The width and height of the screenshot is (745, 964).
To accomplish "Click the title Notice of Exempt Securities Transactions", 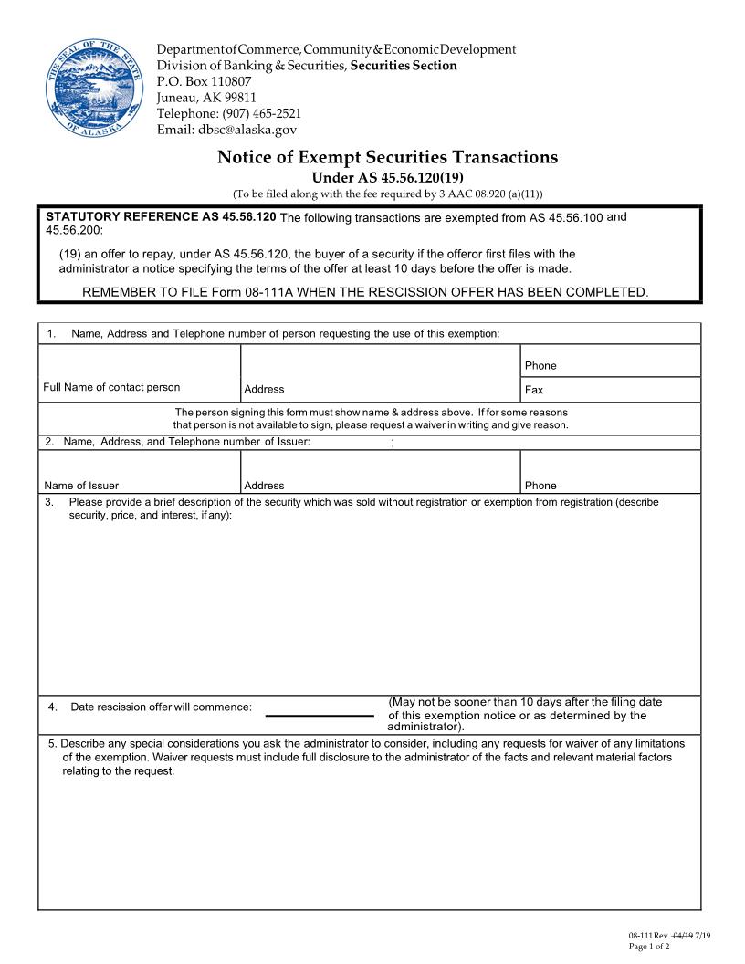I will coord(387,157).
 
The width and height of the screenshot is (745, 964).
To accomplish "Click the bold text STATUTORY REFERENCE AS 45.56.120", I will coord(161,217).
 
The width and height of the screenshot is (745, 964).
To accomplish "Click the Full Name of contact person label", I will coord(111,387).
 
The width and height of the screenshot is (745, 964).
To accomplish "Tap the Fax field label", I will coord(534,390).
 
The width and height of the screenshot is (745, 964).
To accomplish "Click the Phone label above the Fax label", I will coord(540,366).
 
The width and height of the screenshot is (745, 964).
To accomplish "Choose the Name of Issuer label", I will coord(81,486).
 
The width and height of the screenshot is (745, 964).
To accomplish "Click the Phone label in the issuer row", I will coord(540,486).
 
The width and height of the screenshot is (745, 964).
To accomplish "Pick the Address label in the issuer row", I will coord(265,486).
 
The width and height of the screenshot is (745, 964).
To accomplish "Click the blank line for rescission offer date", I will coord(320,717).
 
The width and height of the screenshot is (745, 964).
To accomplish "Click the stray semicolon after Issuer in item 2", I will coord(392,443).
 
